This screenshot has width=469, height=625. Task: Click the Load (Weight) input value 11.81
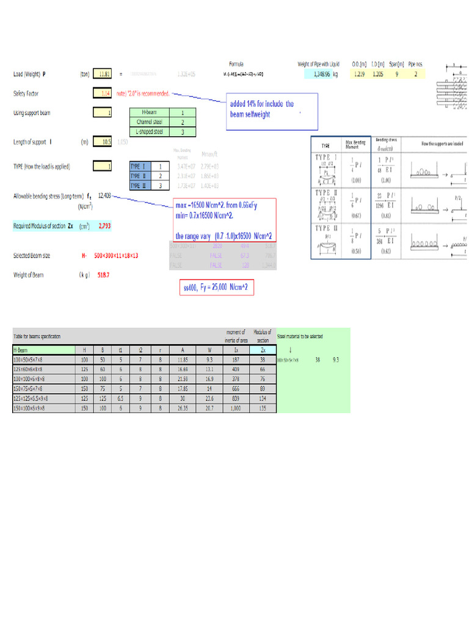pyautogui.click(x=103, y=74)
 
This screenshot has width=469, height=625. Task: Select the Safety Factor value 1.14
pyautogui.click(x=103, y=93)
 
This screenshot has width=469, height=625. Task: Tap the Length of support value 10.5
pyautogui.click(x=103, y=142)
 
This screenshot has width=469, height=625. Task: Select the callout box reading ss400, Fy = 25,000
pyautogui.click(x=216, y=287)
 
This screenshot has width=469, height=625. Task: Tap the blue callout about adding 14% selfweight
pyautogui.click(x=272, y=110)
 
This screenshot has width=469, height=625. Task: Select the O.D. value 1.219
pyautogui.click(x=360, y=74)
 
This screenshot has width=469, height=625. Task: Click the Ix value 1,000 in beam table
pyautogui.click(x=236, y=408)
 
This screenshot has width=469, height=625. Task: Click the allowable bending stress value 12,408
pyautogui.click(x=104, y=195)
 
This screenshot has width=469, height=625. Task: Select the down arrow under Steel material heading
pyautogui.click(x=289, y=350)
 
